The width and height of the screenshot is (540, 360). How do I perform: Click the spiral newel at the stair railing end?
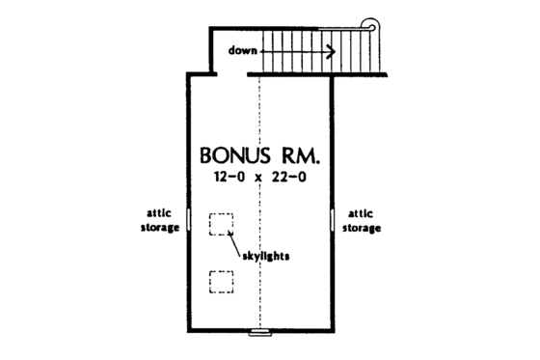(368, 26)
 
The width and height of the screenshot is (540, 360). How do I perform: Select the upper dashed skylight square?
(222, 224)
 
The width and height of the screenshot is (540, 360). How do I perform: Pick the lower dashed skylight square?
(222, 282)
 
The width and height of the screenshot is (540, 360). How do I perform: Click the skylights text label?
(265, 257)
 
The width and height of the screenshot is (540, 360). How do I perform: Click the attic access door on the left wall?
(189, 220)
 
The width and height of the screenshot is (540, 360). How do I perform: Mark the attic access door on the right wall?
(333, 220)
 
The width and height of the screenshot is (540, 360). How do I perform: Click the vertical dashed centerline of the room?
(260, 290)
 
